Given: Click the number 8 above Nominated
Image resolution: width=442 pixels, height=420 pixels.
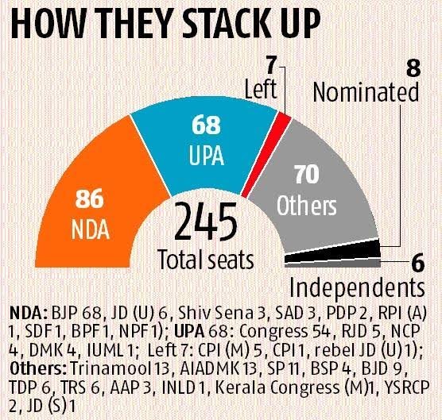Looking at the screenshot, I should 413,68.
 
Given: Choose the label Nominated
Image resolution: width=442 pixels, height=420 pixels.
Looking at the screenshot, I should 366,94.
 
